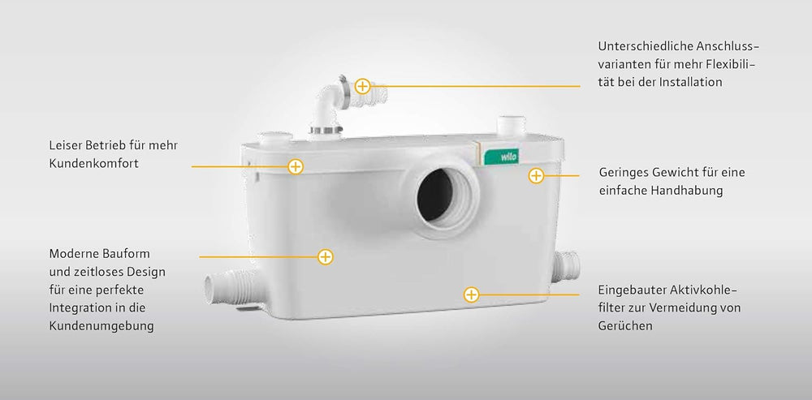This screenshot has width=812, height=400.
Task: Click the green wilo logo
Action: tap(500, 157)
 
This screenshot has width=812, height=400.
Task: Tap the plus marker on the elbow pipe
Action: tap(362, 87)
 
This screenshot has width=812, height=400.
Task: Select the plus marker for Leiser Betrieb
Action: tap(296, 166)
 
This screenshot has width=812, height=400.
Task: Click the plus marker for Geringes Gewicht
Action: tap(536, 176)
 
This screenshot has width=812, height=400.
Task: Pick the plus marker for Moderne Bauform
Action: tap(326, 256)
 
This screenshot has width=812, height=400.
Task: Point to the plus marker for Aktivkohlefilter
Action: tap(471, 295)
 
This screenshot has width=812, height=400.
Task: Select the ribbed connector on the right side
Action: tap(565, 266)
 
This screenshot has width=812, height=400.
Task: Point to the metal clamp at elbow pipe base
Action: tap(326, 129)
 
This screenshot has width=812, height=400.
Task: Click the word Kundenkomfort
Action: tap(93, 164)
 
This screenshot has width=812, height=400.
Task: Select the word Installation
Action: tap(690, 82)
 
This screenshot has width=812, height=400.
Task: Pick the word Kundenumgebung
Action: tap(101, 326)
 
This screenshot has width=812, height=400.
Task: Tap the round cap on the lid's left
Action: tap(274, 138)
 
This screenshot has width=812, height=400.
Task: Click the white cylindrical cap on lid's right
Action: tap(511, 126)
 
